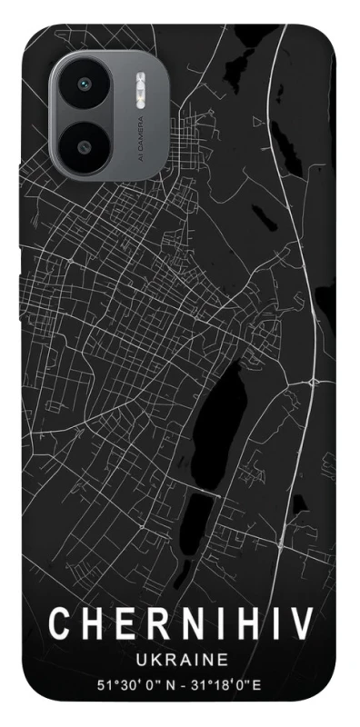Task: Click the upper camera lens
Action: point(85,84)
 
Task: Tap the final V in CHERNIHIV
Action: point(302,624)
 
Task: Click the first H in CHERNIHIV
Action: point(92,624)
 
